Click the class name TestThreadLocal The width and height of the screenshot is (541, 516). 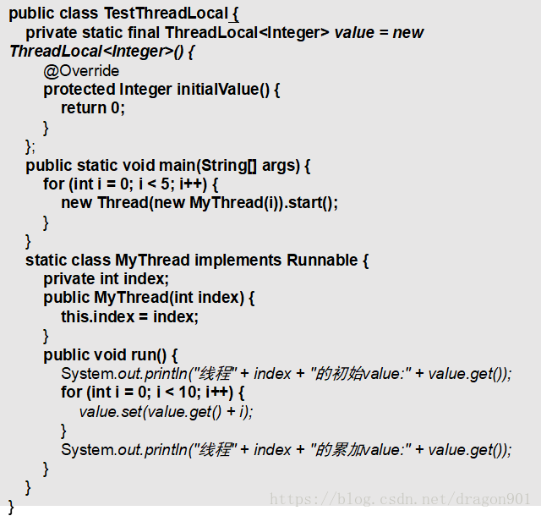coord(166,14)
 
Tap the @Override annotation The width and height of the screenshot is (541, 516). coord(81,70)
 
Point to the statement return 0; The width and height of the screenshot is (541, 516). coord(93,107)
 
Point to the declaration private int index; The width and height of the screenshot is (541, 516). coord(107,278)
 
